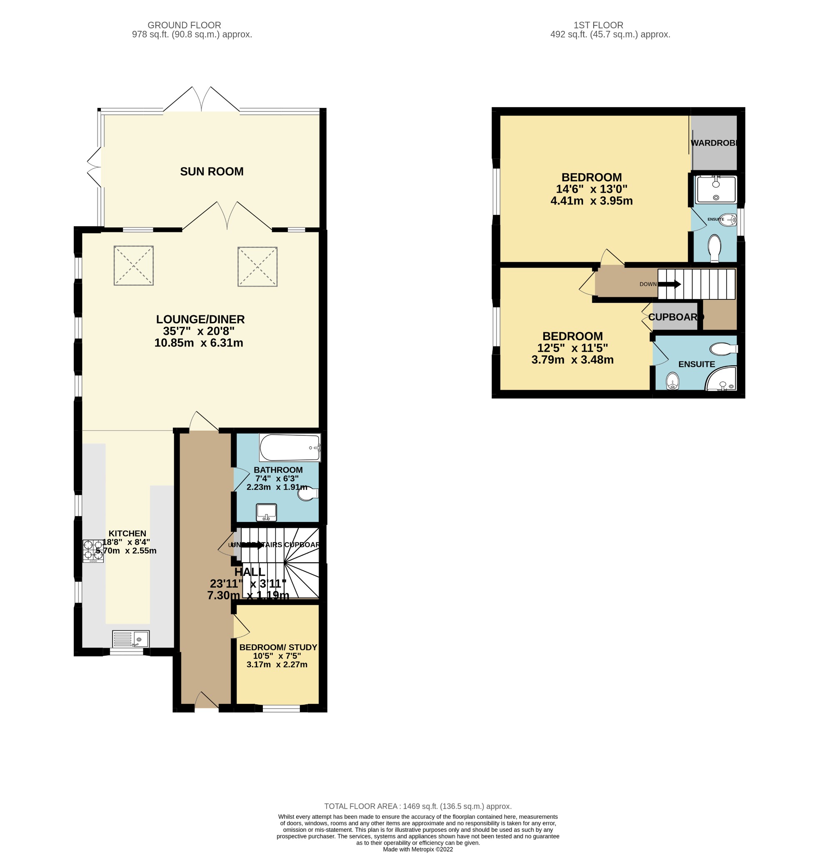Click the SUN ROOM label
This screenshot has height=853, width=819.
click(212, 172)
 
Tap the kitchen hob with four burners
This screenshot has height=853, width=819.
click(93, 551)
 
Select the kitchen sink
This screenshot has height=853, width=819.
click(130, 639)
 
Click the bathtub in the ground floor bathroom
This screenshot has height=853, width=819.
click(290, 447)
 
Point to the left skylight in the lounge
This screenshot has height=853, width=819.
click(134, 265)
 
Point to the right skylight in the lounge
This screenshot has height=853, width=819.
click(257, 266)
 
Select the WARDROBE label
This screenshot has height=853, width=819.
click(714, 143)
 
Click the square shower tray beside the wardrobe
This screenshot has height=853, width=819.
click(716, 190)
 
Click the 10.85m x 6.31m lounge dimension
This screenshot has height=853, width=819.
click(198, 343)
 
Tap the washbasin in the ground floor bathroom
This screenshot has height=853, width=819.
click(266, 512)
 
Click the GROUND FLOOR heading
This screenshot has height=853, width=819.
click(184, 25)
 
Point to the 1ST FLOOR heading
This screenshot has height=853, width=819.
click(598, 25)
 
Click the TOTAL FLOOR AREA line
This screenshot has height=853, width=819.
click(417, 806)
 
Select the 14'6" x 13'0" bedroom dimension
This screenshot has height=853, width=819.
click(591, 189)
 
